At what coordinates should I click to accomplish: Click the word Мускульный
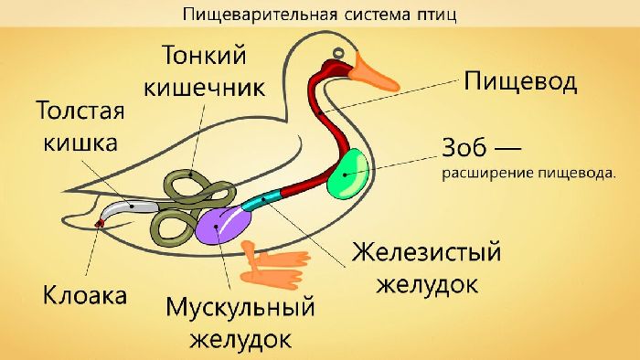coord(240,307)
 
